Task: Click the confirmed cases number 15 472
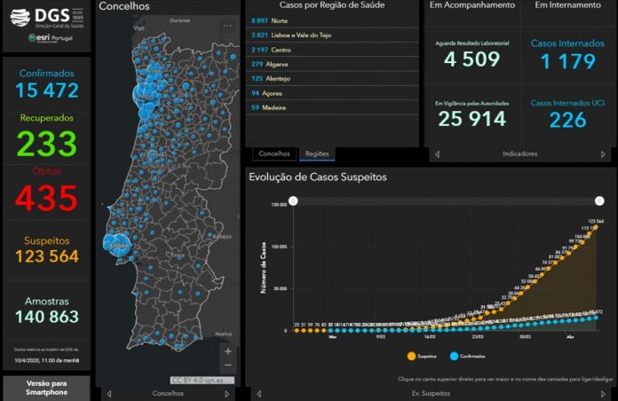pos(46,90)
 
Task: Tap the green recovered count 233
pos(46,144)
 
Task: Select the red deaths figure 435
pos(46,198)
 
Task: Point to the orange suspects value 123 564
pos(46,256)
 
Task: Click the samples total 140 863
pos(46,316)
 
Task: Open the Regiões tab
pos(317,153)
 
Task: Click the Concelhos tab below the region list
pos(273,153)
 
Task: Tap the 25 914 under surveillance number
pos(471,118)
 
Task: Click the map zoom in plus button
pos(228,351)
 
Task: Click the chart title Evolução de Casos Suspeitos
pos(317,177)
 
